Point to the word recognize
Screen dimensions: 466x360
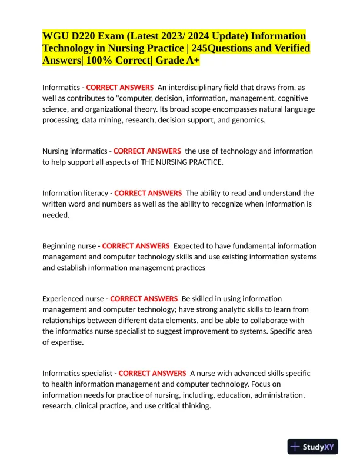231,204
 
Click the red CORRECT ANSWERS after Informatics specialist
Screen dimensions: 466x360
152,373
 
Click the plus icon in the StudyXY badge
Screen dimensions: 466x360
295,447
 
